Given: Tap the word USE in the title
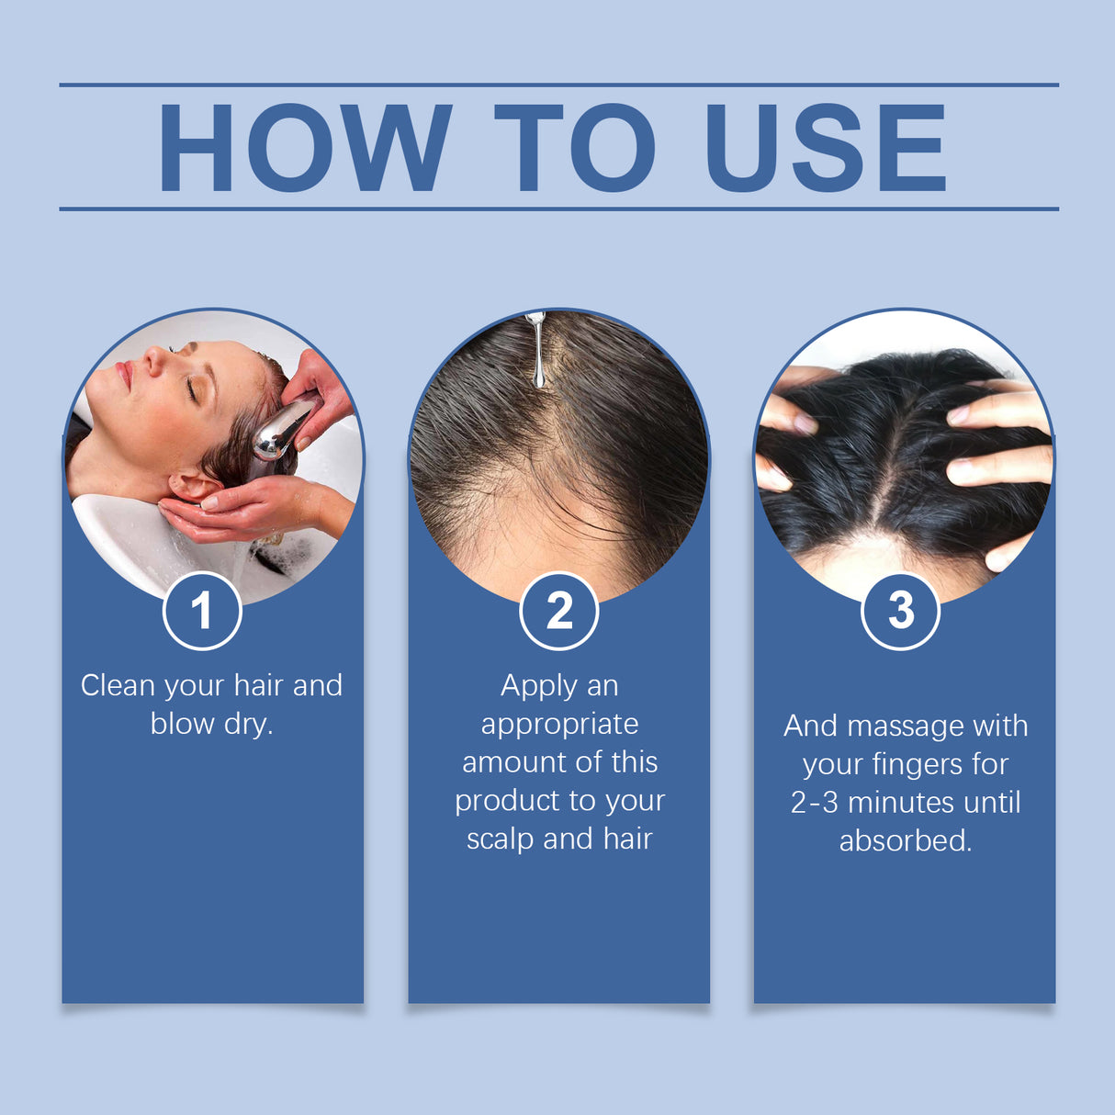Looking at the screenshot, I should (x=825, y=148).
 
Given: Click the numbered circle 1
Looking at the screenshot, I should (x=202, y=611).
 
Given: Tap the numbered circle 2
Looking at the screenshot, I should (x=558, y=611).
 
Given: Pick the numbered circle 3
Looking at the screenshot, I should (x=901, y=611).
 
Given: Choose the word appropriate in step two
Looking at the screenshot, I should (x=559, y=725).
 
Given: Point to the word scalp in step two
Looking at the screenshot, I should (x=500, y=839).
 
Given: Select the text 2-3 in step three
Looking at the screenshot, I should (x=814, y=803).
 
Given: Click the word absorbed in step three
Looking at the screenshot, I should (x=905, y=840).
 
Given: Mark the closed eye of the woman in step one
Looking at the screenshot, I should (x=191, y=390).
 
